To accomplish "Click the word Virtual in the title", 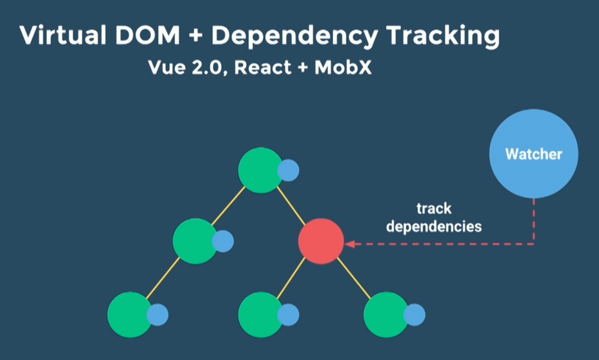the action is tap(62, 35).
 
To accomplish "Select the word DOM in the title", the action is tap(147, 35).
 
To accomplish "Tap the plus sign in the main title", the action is tap(195, 36).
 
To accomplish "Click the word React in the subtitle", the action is tap(263, 67).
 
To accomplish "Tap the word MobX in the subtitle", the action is tap(343, 67).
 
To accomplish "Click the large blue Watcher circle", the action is tap(533, 154).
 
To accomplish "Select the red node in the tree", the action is tap(321, 241).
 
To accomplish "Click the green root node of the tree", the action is tap(260, 170).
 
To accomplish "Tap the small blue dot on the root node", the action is tap(288, 170).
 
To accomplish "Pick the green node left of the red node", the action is tap(195, 241).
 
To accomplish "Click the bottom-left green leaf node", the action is tap(130, 315).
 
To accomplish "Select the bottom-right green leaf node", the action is tap(386, 315).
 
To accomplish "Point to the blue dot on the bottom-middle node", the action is tap(288, 315).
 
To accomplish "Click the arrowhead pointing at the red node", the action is tap(350, 244).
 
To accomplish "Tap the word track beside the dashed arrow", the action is tap(434, 209).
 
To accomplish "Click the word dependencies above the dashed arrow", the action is tap(434, 227).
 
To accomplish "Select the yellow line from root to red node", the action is tap(291, 206).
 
